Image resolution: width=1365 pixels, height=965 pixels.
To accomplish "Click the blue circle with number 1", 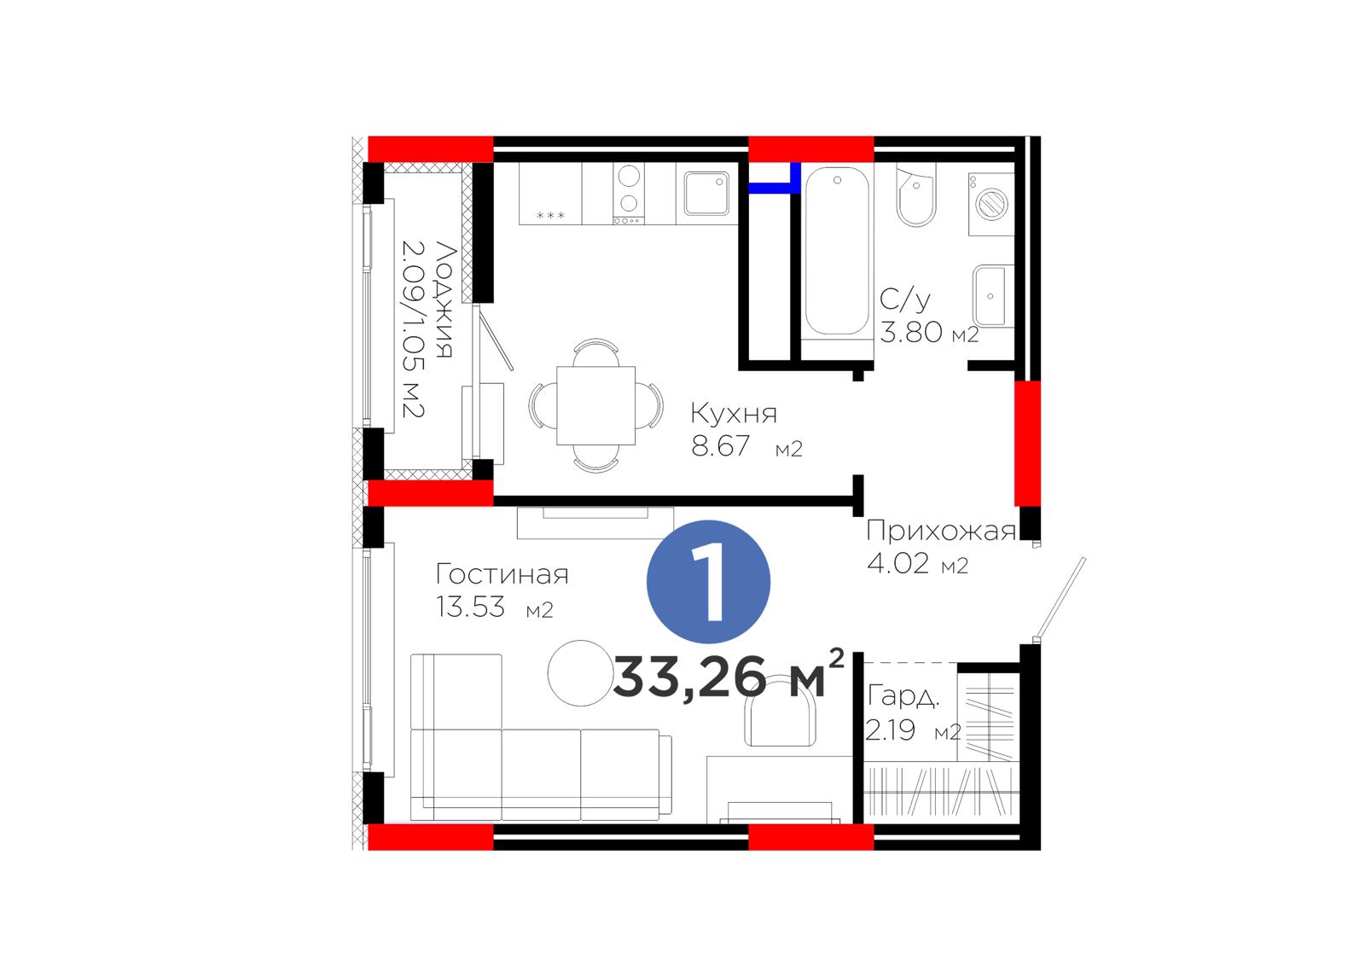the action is [708, 582].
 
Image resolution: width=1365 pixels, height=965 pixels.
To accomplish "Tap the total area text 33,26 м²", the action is [729, 676].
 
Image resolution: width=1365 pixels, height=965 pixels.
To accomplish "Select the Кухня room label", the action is [734, 413].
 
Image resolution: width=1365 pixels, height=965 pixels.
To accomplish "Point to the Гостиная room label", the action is [502, 574].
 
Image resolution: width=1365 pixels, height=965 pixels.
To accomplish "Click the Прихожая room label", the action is [941, 531].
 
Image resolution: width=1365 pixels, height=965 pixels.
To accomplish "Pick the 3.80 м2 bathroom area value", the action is [929, 332].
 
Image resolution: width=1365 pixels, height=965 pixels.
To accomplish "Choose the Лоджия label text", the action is [444, 299].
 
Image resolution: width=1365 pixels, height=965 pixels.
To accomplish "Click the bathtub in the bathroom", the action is [837, 251].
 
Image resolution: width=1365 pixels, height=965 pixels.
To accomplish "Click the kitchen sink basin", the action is [707, 194].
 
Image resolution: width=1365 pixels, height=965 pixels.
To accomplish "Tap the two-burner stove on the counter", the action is [629, 193].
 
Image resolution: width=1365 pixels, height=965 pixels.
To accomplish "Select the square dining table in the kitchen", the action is [596, 405].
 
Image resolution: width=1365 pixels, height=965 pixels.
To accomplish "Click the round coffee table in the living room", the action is [580, 673].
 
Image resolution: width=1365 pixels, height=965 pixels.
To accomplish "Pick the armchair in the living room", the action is [781, 710].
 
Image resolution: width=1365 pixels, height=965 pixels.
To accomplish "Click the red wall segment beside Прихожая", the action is [1027, 443].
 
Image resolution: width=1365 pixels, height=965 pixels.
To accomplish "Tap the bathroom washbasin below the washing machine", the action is [992, 296].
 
